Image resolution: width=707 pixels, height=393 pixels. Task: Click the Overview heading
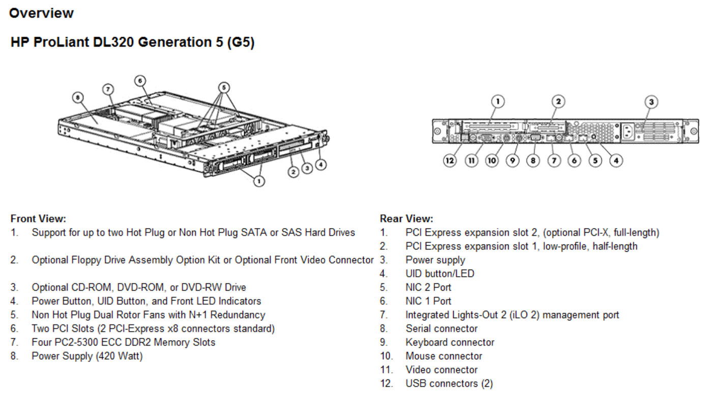point(41,13)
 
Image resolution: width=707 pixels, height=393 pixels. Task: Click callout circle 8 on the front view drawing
point(78,97)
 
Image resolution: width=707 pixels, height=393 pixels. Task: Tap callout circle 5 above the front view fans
point(222,86)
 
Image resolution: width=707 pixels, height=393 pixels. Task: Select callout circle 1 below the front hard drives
point(259,180)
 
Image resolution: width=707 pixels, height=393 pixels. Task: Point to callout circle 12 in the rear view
point(450,161)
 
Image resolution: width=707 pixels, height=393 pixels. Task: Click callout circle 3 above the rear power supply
point(651,102)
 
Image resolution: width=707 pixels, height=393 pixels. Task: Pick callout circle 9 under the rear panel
point(513,161)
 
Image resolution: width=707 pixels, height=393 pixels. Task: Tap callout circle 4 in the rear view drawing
point(616,161)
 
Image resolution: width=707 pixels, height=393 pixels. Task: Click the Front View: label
point(38,219)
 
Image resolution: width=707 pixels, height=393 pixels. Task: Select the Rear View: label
point(406,219)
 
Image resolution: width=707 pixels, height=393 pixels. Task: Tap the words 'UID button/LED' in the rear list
point(439,274)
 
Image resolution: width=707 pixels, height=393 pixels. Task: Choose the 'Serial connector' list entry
point(441,328)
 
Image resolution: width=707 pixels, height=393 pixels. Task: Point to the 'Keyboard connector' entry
point(450,342)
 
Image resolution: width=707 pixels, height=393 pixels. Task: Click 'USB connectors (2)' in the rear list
point(449,383)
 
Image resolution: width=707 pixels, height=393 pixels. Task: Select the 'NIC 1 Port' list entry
point(428,301)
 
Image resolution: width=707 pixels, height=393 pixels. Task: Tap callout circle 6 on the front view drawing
point(140,80)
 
